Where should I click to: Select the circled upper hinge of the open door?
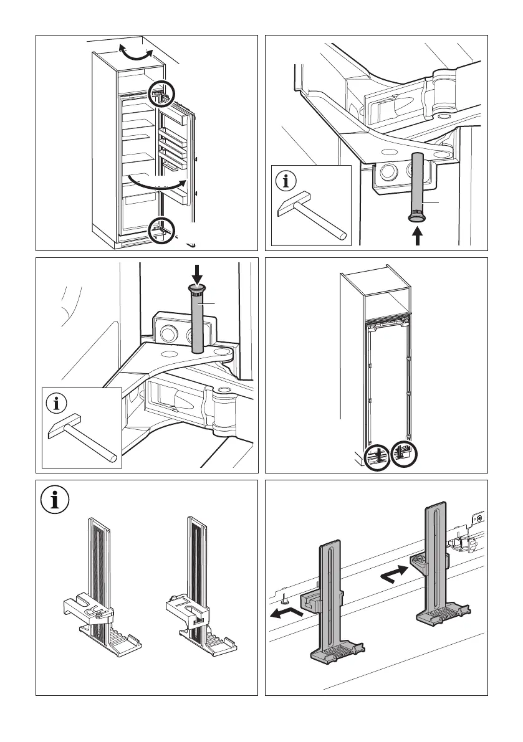click(160, 95)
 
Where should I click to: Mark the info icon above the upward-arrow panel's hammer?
click(286, 182)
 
